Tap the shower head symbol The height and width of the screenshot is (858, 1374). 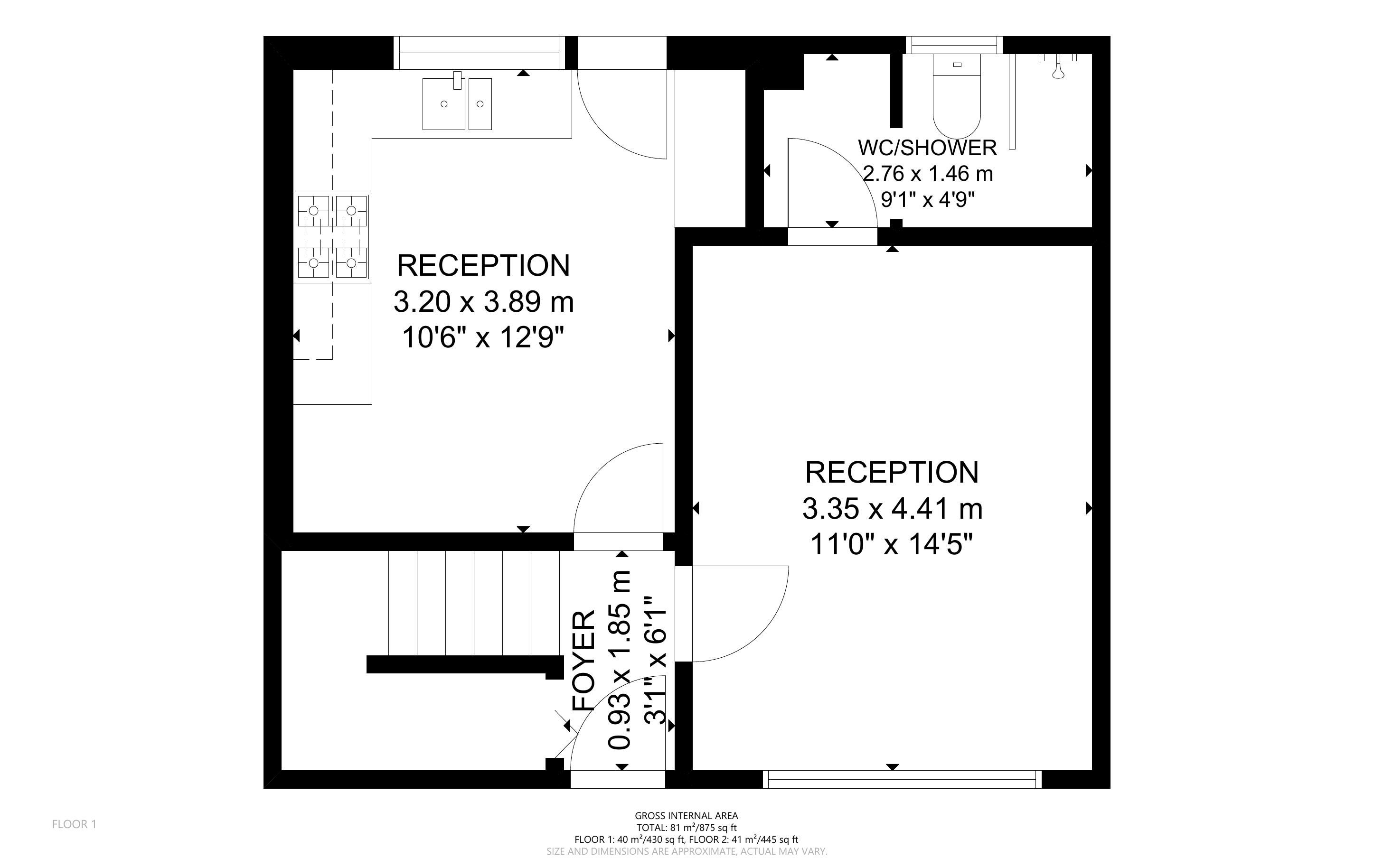(1058, 66)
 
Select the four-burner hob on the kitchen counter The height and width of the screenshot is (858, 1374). (332, 237)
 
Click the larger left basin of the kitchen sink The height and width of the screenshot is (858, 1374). (444, 104)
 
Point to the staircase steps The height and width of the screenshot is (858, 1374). (474, 603)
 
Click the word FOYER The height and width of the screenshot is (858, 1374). (584, 661)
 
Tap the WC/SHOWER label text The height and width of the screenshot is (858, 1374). (927, 148)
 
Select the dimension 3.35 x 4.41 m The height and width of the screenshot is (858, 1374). (892, 508)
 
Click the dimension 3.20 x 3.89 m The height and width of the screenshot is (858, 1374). (483, 302)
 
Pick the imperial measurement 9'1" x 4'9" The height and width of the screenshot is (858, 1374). (928, 199)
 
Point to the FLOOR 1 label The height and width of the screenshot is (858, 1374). (75, 824)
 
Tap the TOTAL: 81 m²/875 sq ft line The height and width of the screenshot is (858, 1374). (686, 827)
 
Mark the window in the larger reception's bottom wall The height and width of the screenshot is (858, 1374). (903, 779)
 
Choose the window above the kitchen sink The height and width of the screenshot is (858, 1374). (480, 52)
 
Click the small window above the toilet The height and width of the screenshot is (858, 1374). (954, 45)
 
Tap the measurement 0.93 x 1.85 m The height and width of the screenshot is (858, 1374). (619, 660)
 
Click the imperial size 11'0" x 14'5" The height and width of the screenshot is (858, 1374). (892, 545)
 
